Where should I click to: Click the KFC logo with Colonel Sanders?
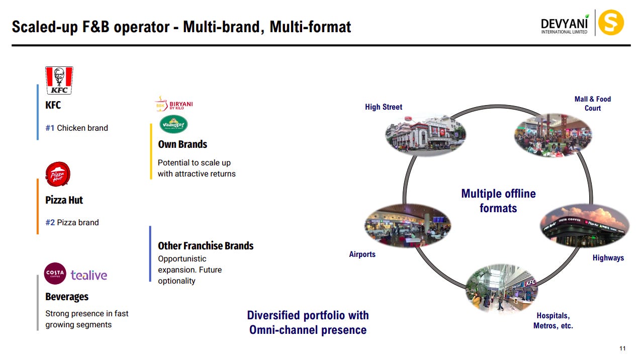coord(59,80)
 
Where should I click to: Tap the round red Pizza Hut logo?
coord(58,174)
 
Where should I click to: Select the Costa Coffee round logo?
coord(55,274)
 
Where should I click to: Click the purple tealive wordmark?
coord(89,275)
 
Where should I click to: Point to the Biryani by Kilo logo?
coord(173,104)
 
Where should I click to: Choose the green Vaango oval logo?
coord(173,124)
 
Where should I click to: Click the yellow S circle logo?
coord(611,23)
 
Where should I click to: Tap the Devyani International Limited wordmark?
coord(564,25)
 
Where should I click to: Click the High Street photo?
coord(426,135)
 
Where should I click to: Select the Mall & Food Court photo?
coord(553,134)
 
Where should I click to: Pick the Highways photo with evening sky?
coord(585,226)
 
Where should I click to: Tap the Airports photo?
coord(407,225)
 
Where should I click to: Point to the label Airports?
coord(362,254)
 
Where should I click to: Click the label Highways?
coord(608,258)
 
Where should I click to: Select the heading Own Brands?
coord(182,144)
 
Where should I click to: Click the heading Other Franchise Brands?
coord(206,246)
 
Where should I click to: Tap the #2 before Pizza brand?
coord(50,222)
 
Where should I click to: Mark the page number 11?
coord(622,349)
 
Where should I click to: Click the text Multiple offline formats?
coord(498,201)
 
